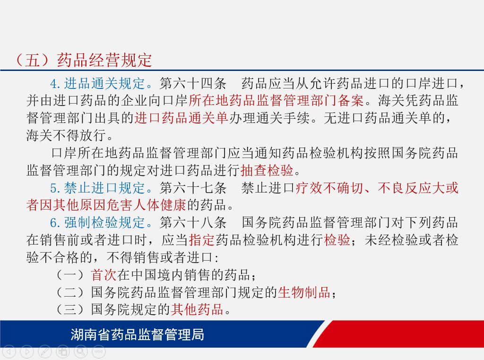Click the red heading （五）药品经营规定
click(83, 60)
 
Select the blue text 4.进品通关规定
click(97, 83)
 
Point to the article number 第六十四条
click(193, 83)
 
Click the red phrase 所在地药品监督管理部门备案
click(276, 100)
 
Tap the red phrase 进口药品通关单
click(181, 118)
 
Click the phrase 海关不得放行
click(66, 135)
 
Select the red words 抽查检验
click(267, 170)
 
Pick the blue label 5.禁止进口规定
click(97, 188)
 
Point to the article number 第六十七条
click(193, 188)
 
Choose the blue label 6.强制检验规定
click(97, 222)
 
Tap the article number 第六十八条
click(193, 222)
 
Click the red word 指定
click(201, 240)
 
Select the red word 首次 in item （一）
click(104, 275)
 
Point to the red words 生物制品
click(304, 292)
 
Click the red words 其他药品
click(197, 309)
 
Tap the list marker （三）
click(70, 309)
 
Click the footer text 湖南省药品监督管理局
click(138, 334)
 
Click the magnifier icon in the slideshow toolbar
click(81, 351)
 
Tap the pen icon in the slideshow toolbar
click(45, 351)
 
